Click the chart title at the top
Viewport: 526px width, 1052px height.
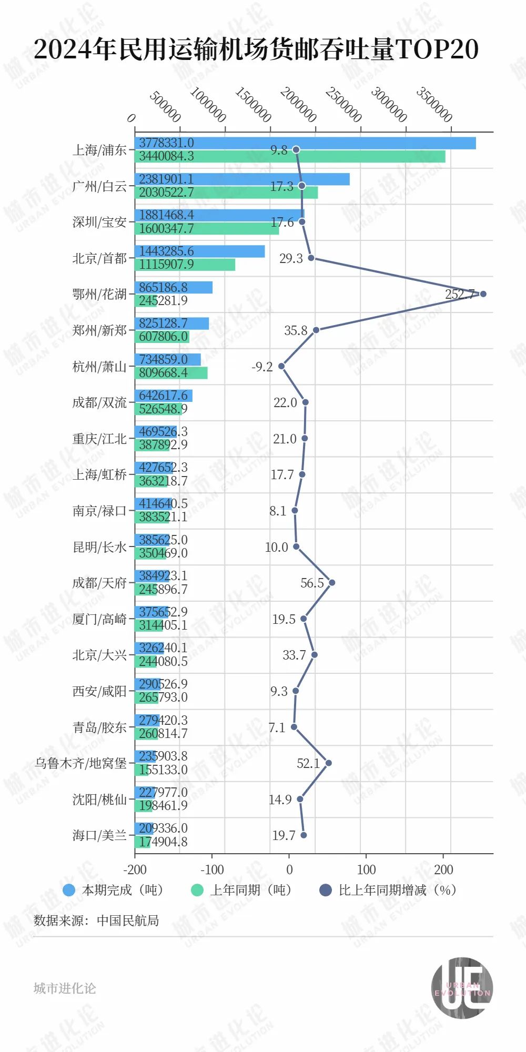[x=256, y=49]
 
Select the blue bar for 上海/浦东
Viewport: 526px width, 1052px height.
[x=305, y=143]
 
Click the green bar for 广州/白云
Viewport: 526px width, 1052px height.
[x=226, y=193]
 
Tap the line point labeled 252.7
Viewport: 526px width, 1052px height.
[x=483, y=294]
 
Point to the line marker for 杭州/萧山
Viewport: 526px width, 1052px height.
[x=281, y=366]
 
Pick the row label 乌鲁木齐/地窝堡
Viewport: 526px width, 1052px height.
[x=80, y=763]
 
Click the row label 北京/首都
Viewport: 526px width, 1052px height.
[x=99, y=258]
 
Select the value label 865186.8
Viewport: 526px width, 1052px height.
[x=163, y=287]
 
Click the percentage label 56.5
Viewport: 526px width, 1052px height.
[x=312, y=583]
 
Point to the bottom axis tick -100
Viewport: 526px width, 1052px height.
[x=212, y=869]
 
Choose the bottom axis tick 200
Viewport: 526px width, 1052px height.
[x=443, y=869]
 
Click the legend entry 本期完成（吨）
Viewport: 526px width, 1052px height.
[x=113, y=890]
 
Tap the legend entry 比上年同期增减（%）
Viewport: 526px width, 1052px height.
[x=388, y=890]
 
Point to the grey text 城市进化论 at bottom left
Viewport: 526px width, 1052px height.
[x=65, y=988]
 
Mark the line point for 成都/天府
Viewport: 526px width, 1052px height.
[x=331, y=583]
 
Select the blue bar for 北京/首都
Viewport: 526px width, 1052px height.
[x=200, y=251]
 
